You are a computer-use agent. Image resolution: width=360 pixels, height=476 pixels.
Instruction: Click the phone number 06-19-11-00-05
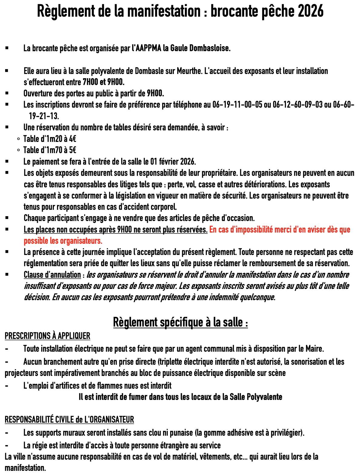(237, 105)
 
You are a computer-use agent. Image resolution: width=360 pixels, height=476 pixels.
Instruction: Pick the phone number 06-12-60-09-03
(298, 105)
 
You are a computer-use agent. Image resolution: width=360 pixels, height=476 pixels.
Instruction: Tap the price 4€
(72, 139)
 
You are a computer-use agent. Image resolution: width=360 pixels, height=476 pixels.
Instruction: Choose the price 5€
(72, 150)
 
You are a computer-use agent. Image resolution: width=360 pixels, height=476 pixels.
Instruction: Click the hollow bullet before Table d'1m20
(18, 139)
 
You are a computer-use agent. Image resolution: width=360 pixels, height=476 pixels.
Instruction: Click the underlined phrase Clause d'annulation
(52, 275)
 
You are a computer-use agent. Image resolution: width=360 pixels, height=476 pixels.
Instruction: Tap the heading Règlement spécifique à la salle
(180, 322)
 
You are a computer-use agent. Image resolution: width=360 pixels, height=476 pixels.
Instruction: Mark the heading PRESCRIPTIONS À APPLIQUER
(48, 336)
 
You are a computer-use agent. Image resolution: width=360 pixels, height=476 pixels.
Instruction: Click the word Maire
(314, 349)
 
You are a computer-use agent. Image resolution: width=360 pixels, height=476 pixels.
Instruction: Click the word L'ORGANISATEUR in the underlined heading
(109, 420)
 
